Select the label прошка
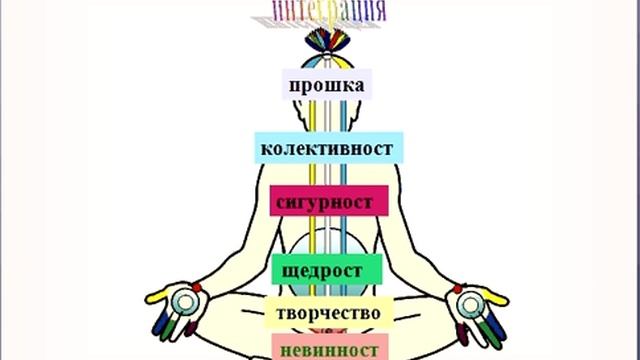[326, 84]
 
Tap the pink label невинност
[328, 348]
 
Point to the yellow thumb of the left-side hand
[161, 297]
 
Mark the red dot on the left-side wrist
[196, 288]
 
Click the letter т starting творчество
[281, 314]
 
